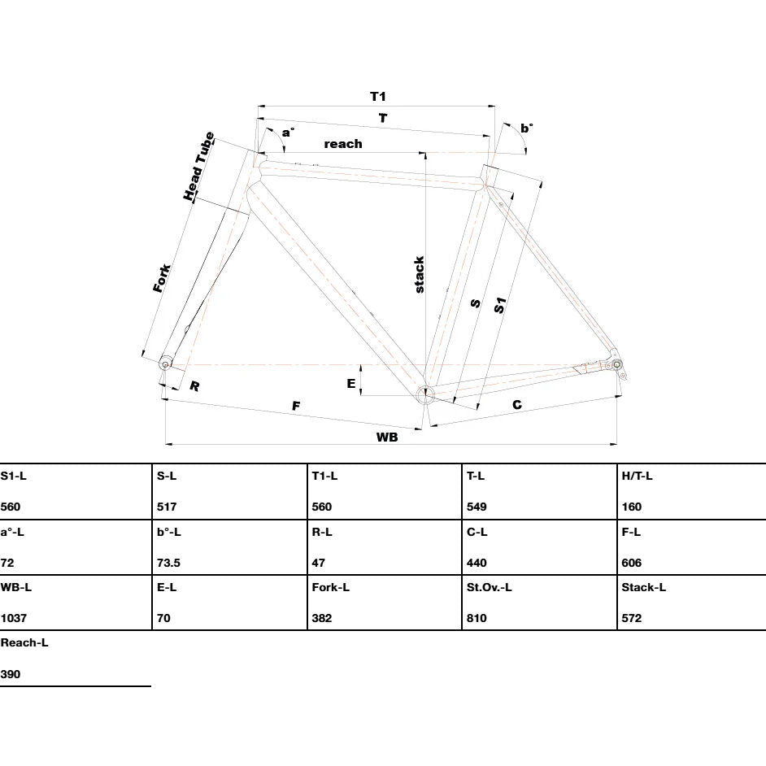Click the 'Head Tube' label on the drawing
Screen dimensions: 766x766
199,166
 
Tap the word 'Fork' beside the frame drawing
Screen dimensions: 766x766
162,278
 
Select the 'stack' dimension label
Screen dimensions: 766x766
419,275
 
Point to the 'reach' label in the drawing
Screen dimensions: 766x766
343,144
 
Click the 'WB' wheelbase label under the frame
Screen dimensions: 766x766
387,437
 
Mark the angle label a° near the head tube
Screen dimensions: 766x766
288,132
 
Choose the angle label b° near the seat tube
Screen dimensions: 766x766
527,128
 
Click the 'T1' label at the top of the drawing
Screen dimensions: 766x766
377,96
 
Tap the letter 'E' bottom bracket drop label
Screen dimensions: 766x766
350,384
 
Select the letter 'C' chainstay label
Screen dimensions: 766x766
517,404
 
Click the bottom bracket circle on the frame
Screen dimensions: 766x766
425,394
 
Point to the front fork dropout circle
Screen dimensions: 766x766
165,364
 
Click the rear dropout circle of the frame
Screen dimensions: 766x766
616,364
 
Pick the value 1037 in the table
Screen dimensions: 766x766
14,618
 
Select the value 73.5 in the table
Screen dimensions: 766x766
168,563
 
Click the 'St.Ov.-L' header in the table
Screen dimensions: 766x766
489,587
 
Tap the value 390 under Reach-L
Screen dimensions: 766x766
11,674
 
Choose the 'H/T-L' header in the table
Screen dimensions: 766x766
637,476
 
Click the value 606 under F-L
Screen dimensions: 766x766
631,563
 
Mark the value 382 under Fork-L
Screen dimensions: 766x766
322,618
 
